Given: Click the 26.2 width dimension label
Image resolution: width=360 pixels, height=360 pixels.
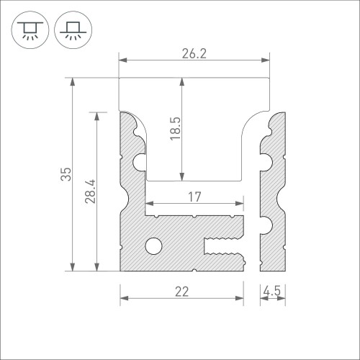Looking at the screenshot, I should pos(192,52).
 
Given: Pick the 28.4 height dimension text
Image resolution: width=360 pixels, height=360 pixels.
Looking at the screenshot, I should pos(90,192).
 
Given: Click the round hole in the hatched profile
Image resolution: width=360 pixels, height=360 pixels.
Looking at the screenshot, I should pos(153,246).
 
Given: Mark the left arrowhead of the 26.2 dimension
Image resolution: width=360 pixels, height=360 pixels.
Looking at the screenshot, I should pos(122,60).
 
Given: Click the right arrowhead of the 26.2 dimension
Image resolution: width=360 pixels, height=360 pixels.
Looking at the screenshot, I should pos(265,60).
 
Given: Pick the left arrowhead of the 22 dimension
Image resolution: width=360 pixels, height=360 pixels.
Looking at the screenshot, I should pos(123,297).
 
